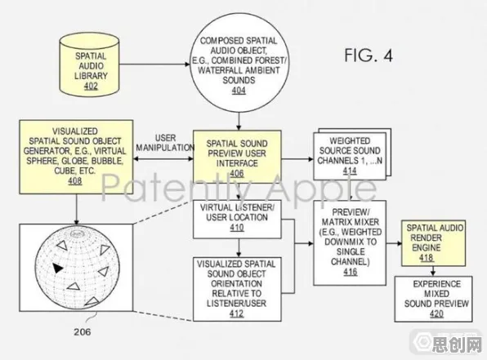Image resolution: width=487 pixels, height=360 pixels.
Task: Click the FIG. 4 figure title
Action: [369, 56]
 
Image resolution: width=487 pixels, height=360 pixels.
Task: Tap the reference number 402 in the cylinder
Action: [91, 86]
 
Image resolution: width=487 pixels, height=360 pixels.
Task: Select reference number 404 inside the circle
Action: [239, 91]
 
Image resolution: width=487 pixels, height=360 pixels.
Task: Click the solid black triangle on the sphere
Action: [57, 268]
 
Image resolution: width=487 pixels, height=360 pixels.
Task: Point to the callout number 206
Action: [83, 331]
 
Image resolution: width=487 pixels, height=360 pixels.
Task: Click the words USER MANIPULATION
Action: [165, 143]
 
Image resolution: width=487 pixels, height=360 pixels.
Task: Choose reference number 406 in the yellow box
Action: [237, 173]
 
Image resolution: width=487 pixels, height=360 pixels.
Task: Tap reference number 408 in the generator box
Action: [75, 180]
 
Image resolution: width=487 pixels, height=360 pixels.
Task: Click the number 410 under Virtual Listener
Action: [237, 228]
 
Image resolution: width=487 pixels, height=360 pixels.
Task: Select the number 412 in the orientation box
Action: [237, 313]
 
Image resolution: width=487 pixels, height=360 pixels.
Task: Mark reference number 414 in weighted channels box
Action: [350, 171]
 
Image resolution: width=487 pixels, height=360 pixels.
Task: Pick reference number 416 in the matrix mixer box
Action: [351, 272]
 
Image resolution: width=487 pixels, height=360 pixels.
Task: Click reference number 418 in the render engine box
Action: [427, 258]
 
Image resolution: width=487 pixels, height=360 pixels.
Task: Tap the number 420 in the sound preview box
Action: [436, 313]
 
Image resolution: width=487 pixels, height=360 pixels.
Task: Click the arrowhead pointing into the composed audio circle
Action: [187, 64]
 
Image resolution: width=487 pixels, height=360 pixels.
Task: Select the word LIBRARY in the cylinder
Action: [91, 76]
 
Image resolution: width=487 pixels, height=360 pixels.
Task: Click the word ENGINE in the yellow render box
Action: [427, 247]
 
